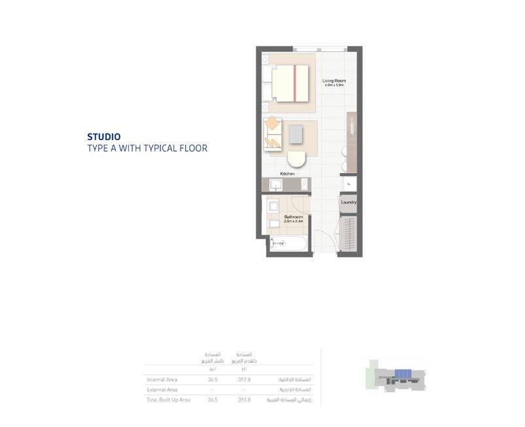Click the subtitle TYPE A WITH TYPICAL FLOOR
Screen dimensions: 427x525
147,149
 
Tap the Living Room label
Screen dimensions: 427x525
334,81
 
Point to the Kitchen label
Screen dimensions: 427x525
287,174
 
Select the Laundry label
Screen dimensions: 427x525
348,202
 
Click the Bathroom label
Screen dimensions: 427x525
293,217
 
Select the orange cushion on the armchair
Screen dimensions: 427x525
272,122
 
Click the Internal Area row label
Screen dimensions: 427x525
162,380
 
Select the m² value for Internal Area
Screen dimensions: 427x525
213,380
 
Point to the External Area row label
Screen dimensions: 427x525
162,390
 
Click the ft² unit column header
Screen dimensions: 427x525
244,370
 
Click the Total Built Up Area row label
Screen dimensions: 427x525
168,399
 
